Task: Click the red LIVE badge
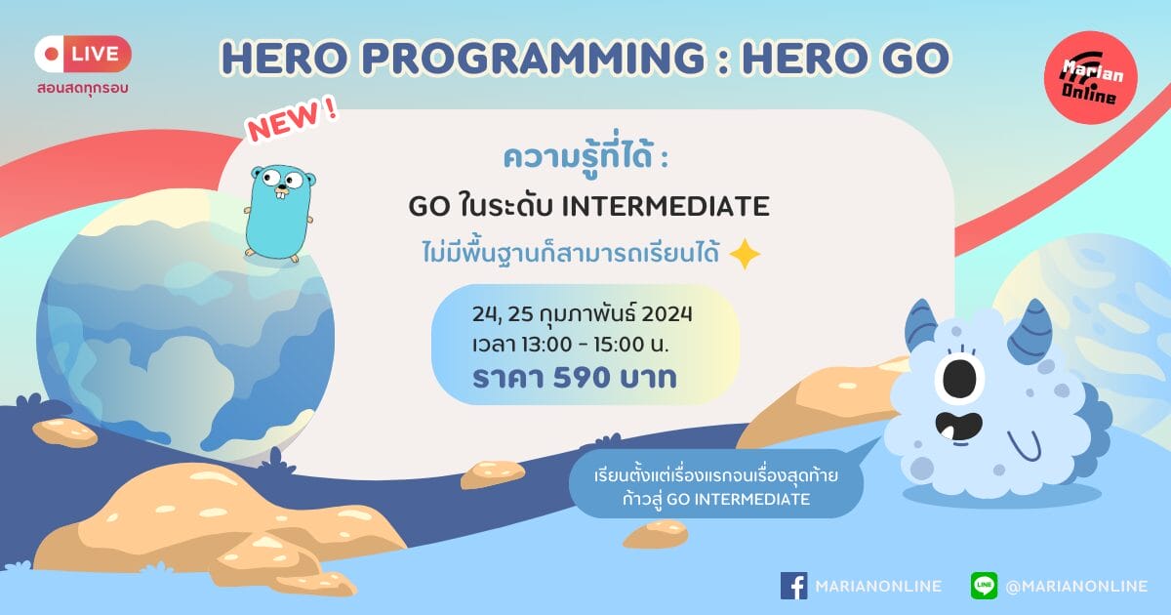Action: [83, 54]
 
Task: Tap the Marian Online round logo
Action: [1091, 78]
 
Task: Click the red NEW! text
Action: [293, 120]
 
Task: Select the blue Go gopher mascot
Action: [280, 214]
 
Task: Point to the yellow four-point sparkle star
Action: [745, 254]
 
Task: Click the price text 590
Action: [582, 378]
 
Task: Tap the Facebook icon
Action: [793, 585]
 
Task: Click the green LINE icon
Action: [984, 585]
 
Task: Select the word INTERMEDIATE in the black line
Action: [665, 206]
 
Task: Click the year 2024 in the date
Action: [666, 314]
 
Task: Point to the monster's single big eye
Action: [960, 378]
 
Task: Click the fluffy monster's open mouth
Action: [958, 427]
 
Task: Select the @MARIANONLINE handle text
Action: [1076, 587]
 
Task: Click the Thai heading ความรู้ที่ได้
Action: [578, 157]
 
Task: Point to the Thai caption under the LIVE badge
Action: [83, 88]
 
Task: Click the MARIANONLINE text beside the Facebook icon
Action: [878, 587]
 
